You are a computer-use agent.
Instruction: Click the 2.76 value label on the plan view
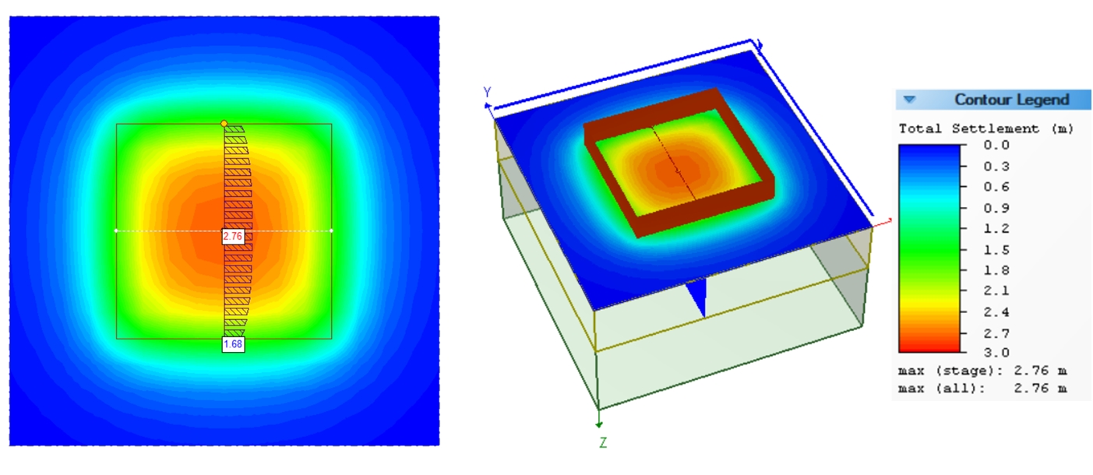click(x=233, y=236)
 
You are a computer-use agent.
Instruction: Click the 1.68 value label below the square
click(x=233, y=344)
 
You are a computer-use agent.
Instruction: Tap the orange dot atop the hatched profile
click(x=224, y=124)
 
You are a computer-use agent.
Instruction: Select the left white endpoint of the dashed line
click(x=116, y=230)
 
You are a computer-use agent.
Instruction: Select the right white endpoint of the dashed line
click(x=332, y=230)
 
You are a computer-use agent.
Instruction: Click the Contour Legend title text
click(x=1011, y=100)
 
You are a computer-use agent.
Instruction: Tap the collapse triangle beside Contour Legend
click(x=909, y=100)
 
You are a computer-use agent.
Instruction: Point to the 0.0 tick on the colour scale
click(x=1000, y=145)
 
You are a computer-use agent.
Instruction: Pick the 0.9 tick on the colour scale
click(x=1000, y=208)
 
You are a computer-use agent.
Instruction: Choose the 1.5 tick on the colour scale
click(x=1000, y=250)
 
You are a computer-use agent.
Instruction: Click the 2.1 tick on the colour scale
click(x=1000, y=291)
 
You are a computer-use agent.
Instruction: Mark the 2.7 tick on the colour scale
click(x=1000, y=333)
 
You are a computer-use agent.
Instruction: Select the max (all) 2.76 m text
click(x=982, y=388)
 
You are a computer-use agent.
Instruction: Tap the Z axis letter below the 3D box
click(x=603, y=442)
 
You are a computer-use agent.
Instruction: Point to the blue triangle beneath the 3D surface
click(x=698, y=297)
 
